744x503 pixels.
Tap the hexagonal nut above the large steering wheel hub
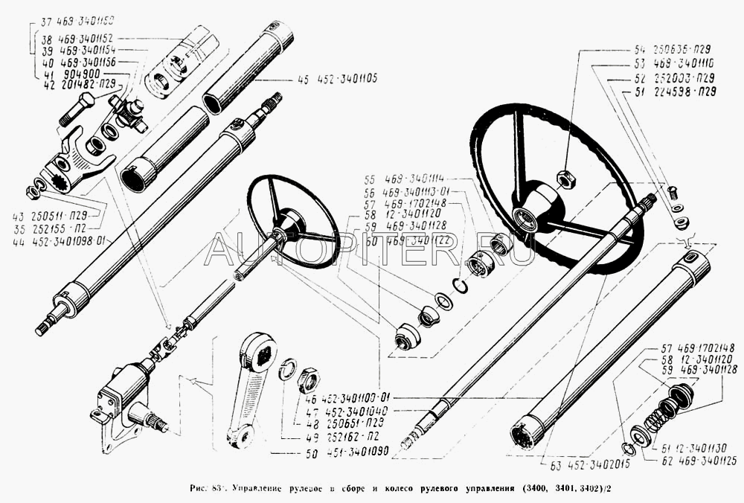pyautogui.click(x=563, y=177)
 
